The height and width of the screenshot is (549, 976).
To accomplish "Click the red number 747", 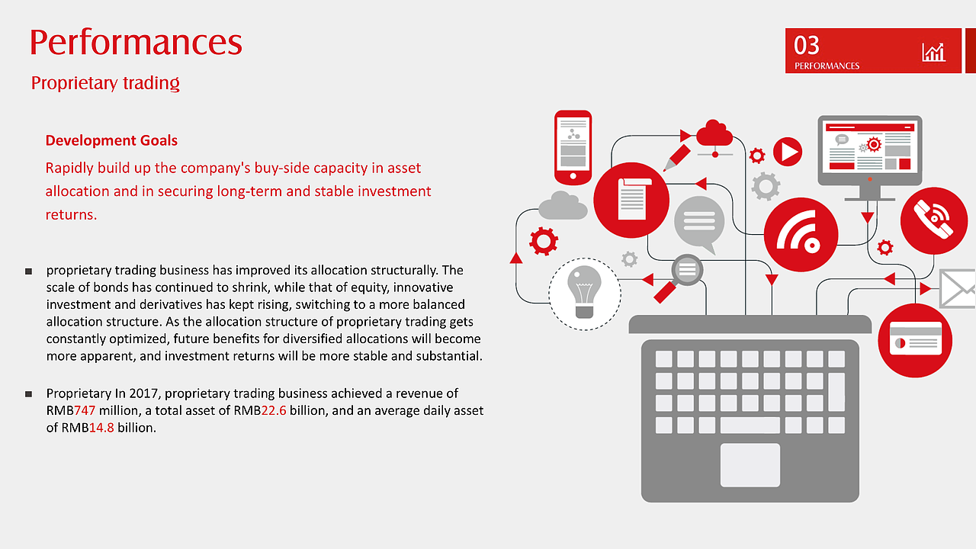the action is coord(85,410).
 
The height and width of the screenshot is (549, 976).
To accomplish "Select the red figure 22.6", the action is coord(274,410).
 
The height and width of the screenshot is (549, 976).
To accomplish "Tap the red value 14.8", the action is coord(101,428).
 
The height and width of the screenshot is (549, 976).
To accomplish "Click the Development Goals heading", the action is coord(111,140).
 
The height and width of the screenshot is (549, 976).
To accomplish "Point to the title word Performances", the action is coord(136,42).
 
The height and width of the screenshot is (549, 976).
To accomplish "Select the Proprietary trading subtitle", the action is coord(105,83).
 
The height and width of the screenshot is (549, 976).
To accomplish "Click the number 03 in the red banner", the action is coord(806,45).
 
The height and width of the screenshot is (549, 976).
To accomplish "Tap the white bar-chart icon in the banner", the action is coord(933,53).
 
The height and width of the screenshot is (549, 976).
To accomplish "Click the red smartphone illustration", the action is coord(573,147).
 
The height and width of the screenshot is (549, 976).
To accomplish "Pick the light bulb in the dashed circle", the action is coord(584,292).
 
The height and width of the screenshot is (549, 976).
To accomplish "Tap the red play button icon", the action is coord(788,152).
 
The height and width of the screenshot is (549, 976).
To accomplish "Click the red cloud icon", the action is coord(714,133).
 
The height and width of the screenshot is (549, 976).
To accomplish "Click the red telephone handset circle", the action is coord(934,220).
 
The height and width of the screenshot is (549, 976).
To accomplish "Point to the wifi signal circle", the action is coord(801,234).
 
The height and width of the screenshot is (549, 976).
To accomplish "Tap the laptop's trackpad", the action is coord(750,465).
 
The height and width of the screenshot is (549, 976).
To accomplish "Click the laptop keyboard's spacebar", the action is coord(750,425).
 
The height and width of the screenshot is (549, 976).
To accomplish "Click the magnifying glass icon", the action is coord(679,278).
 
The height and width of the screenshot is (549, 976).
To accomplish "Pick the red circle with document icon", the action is coord(631,200).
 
